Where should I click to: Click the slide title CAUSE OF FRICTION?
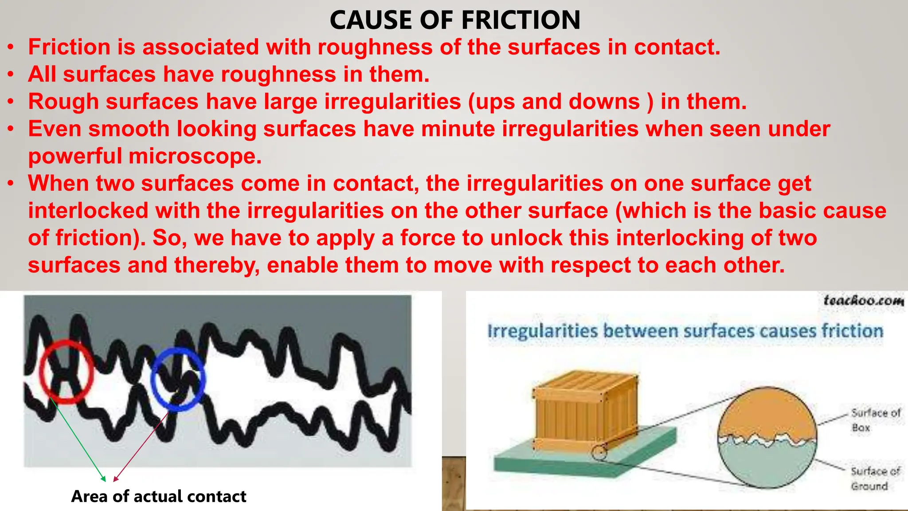pos(455,20)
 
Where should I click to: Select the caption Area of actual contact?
pos(159,496)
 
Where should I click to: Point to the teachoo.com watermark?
pos(863,301)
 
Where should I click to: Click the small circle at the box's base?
pos(599,453)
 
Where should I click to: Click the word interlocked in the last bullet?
pos(88,211)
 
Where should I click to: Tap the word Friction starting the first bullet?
pos(69,47)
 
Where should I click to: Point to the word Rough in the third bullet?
pos(63,102)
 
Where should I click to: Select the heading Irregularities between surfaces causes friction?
pos(685,331)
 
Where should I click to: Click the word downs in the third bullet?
pos(604,102)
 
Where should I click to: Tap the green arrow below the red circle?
pos(78,439)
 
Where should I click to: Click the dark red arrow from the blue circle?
pos(141,446)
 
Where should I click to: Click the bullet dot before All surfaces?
pos(11,75)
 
